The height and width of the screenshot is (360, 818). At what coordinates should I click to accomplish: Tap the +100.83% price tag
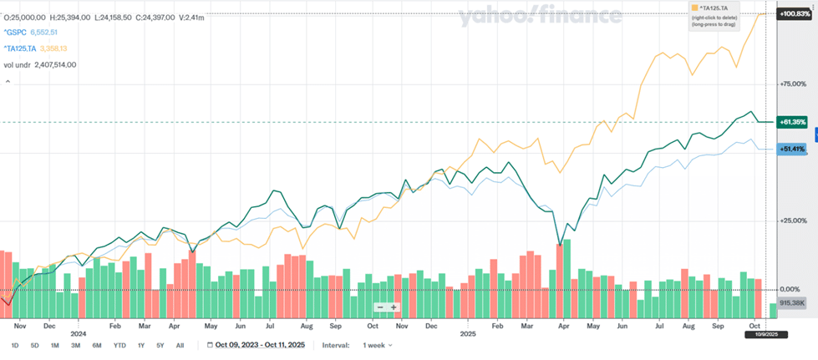coord(792,14)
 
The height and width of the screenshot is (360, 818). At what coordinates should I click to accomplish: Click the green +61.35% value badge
coord(792,122)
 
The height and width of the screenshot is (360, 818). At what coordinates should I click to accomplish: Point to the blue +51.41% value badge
coord(792,149)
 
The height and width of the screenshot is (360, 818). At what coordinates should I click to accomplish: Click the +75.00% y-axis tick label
coord(792,84)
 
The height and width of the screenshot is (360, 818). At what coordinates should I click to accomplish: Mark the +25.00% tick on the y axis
coord(792,221)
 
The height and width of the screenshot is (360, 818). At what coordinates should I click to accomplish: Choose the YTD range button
coord(119,345)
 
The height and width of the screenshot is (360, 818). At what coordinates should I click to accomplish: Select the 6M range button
coord(97,345)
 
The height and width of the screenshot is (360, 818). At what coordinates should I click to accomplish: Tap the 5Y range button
coord(160,345)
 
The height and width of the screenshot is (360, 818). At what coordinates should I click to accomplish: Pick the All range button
coord(180,345)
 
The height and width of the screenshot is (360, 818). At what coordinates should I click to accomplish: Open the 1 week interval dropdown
coord(378,345)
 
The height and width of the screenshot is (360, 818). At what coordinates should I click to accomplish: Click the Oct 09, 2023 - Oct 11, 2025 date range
coord(259,345)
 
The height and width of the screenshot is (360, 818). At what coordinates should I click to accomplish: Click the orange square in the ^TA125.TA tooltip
coord(694,8)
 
